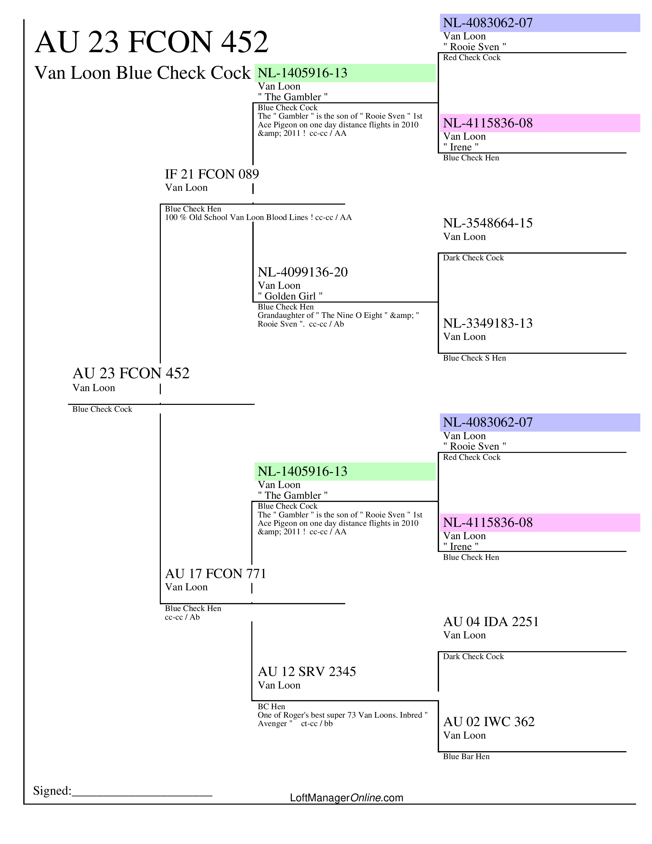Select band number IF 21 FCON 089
(212, 174)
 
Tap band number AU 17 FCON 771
(216, 573)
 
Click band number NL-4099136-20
(302, 272)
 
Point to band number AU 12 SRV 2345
(307, 672)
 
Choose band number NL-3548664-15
(487, 223)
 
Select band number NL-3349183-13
(487, 323)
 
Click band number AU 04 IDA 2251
(491, 622)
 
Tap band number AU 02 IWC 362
(489, 721)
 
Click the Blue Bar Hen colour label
(466, 756)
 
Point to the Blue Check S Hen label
(474, 358)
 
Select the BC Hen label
(271, 706)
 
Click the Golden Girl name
(290, 296)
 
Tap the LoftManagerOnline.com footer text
(346, 798)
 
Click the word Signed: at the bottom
(52, 791)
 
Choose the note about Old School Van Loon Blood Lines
(258, 217)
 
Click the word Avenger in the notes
(272, 724)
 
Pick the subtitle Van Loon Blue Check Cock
(142, 73)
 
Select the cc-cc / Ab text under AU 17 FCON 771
(182, 617)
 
